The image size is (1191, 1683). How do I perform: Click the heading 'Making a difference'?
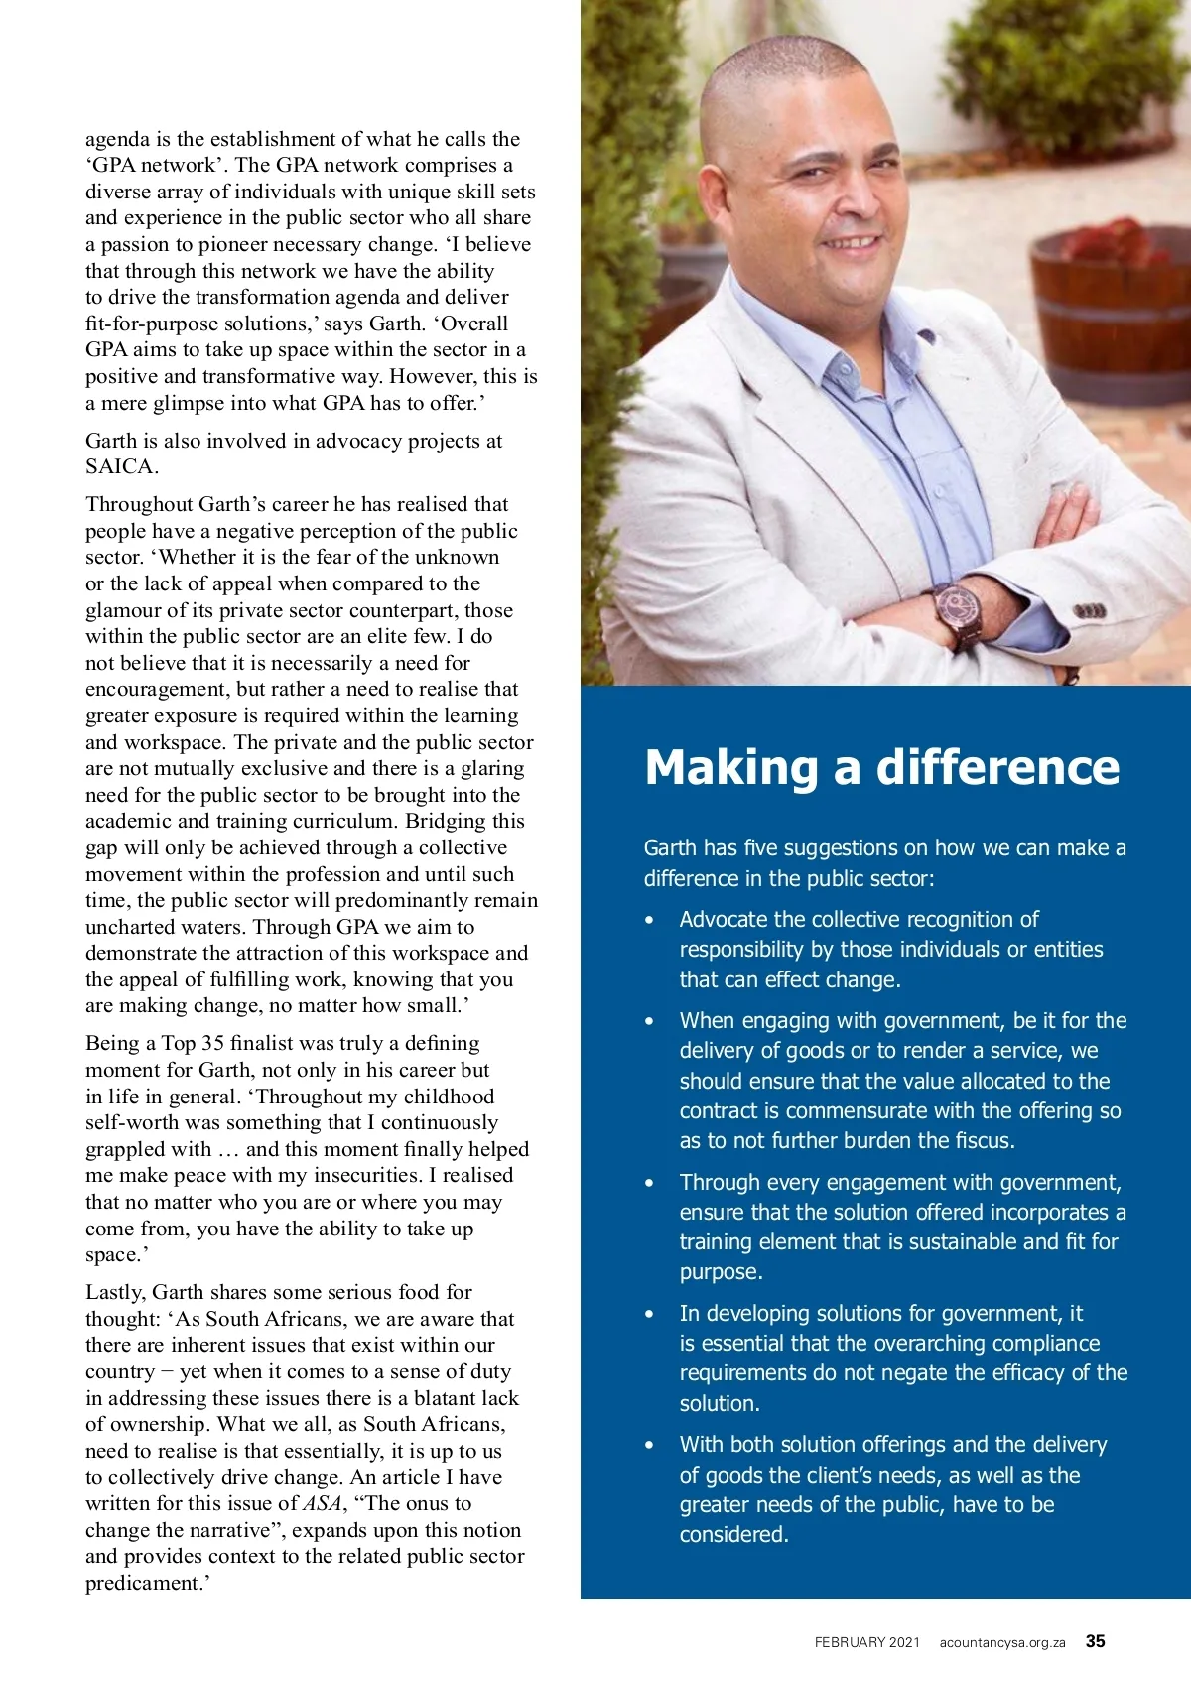[x=881, y=768]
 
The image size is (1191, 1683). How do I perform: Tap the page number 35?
[x=1095, y=1641]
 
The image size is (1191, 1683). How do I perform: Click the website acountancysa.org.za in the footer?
[x=1001, y=1643]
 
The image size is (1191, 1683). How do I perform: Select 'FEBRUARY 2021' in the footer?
[x=866, y=1643]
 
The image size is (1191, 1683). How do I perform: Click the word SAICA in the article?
[x=120, y=467]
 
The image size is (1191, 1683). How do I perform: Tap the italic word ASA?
[x=323, y=1503]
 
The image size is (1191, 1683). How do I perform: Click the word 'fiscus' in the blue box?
[x=982, y=1141]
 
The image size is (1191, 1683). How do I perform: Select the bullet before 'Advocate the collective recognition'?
[x=650, y=921]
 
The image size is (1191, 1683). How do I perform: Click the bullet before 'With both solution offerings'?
[x=650, y=1446]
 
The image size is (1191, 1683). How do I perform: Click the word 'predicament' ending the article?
[x=144, y=1583]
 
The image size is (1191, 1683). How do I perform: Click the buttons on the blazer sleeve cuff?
[x=1089, y=611]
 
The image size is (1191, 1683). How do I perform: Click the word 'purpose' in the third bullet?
[x=720, y=1272]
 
